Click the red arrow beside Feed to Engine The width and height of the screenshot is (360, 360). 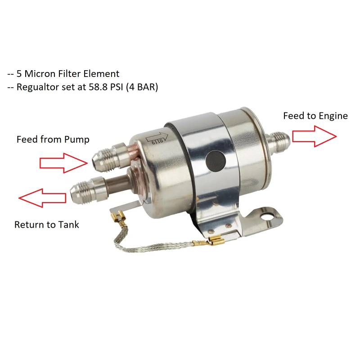click(x=314, y=136)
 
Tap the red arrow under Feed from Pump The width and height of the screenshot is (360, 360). click(x=63, y=163)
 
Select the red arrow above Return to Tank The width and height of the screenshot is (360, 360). click(x=42, y=198)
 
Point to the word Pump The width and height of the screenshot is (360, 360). click(x=76, y=140)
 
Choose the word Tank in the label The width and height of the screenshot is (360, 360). click(x=69, y=225)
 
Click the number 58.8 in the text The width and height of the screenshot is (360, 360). click(x=98, y=87)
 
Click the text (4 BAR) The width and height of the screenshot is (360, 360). click(x=142, y=87)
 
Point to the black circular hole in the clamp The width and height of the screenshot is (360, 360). click(x=216, y=161)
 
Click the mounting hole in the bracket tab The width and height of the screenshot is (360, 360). click(x=266, y=216)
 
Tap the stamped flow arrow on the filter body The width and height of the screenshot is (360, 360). click(x=157, y=139)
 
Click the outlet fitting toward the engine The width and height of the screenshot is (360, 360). click(x=278, y=142)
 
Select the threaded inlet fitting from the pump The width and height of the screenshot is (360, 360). click(x=109, y=157)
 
